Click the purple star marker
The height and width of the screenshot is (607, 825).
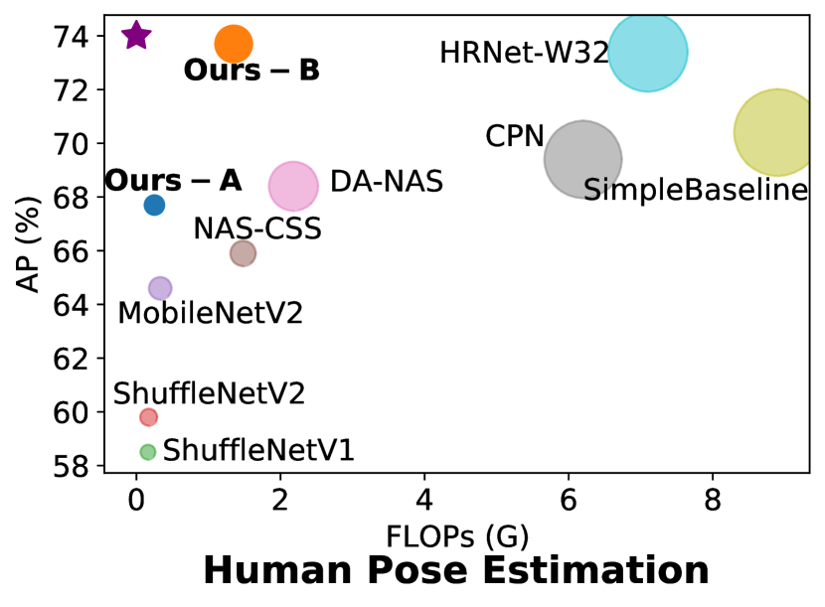coord(136,36)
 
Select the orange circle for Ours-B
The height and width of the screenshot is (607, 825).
coord(234,44)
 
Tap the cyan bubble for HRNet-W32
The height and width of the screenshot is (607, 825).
coord(647,52)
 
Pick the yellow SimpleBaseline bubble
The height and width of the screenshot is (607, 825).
coord(775,132)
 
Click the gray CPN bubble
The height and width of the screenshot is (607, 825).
coord(582,159)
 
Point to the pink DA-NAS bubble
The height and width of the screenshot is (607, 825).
coord(293,186)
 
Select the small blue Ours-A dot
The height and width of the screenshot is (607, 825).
coord(154,205)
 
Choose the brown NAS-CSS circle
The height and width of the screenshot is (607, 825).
coord(243,253)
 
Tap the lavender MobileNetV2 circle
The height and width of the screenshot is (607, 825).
coord(160,288)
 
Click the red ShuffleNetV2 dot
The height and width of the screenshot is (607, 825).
coord(148,417)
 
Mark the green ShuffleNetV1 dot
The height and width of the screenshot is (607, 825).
coord(148,452)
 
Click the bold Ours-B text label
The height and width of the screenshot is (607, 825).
coord(251,72)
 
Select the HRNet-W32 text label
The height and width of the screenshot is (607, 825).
coord(524,54)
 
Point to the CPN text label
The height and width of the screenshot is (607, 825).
coord(515,137)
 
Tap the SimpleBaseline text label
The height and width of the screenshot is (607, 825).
coord(695,191)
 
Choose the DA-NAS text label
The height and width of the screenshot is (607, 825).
coord(386,183)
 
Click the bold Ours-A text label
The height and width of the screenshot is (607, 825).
coord(173,182)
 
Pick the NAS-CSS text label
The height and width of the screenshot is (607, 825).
coord(257,229)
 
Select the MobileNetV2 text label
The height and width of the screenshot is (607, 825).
coord(210,314)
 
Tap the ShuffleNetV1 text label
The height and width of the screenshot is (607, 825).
coord(258,451)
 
